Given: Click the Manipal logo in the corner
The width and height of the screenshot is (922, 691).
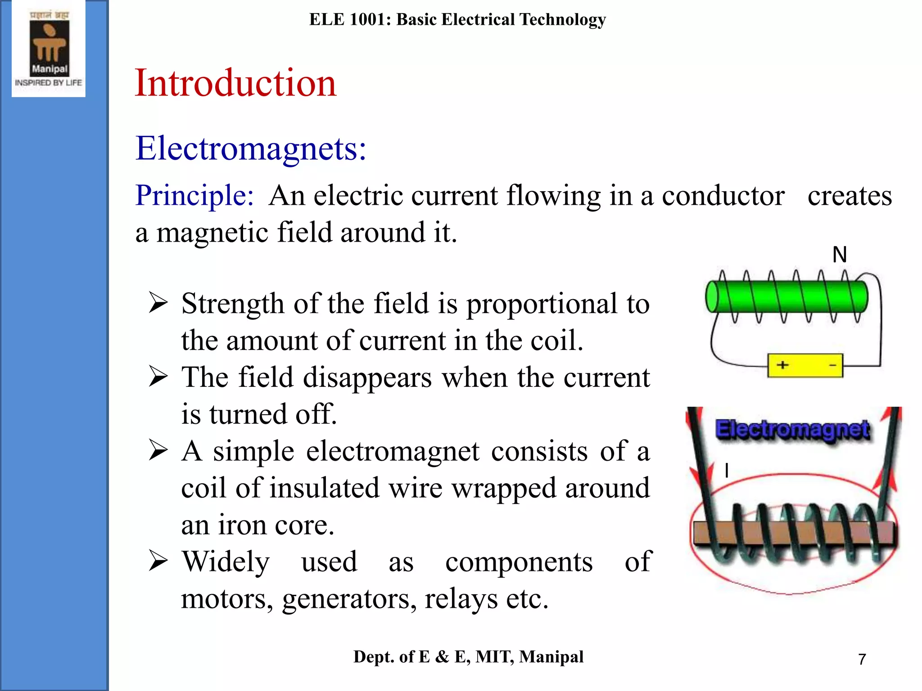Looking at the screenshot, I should coord(49,49).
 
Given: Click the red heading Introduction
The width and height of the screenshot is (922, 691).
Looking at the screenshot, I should coord(235,83).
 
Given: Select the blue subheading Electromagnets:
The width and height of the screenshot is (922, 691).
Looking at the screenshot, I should coord(251,148).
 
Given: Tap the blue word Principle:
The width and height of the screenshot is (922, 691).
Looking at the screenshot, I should coord(194,196).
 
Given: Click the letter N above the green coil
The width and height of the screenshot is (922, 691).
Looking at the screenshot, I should coord(840,255).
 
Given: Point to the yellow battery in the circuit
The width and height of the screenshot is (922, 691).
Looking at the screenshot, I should coord(805,365).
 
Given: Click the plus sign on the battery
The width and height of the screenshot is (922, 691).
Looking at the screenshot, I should coord(782,365).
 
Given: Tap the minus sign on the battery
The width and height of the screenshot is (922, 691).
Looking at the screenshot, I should coord(832,365).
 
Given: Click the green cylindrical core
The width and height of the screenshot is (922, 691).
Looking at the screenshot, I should coord(786,296).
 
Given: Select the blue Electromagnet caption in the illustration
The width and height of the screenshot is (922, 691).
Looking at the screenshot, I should coord(793,429).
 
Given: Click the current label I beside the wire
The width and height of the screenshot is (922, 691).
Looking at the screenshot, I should coord(727,471).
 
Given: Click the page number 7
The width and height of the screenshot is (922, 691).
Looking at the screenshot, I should coord(862,659).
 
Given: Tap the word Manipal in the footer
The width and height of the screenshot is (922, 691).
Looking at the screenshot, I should coord(551,657).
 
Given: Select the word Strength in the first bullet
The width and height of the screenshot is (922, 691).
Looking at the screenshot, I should coord(233,304).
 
